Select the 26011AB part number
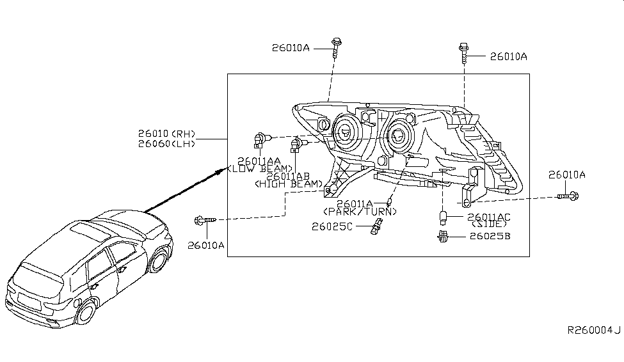(x=288, y=176)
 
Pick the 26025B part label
(x=490, y=237)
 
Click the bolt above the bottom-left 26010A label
(x=204, y=221)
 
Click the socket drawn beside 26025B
(x=442, y=238)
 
